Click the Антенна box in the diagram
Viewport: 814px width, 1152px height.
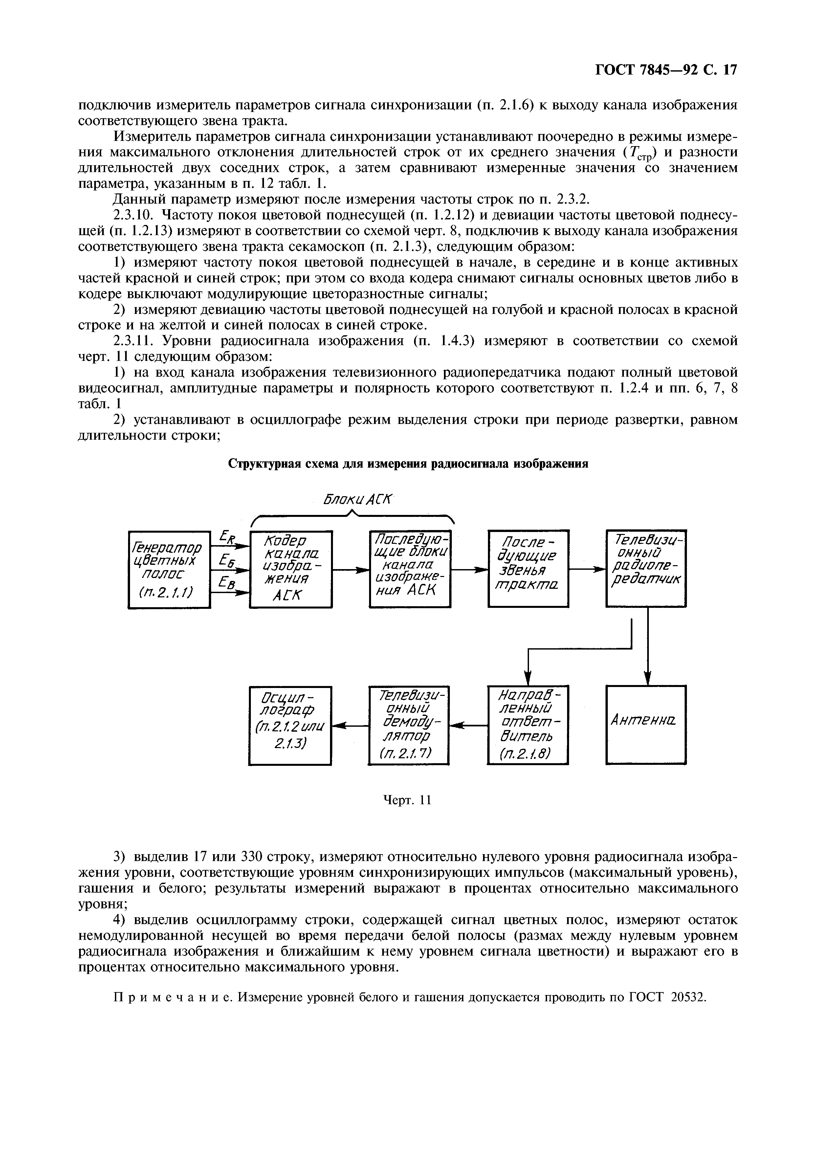(646, 724)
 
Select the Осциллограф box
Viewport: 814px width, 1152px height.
(290, 725)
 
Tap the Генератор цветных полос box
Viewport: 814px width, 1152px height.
(169, 569)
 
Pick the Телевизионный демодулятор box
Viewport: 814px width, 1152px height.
(408, 725)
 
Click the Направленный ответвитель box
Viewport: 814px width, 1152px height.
(528, 725)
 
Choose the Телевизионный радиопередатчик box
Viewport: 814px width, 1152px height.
(646, 568)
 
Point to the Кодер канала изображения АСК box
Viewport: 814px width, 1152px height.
(291, 569)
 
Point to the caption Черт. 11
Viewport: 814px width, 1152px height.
(407, 801)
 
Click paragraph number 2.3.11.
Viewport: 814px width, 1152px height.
(132, 342)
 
